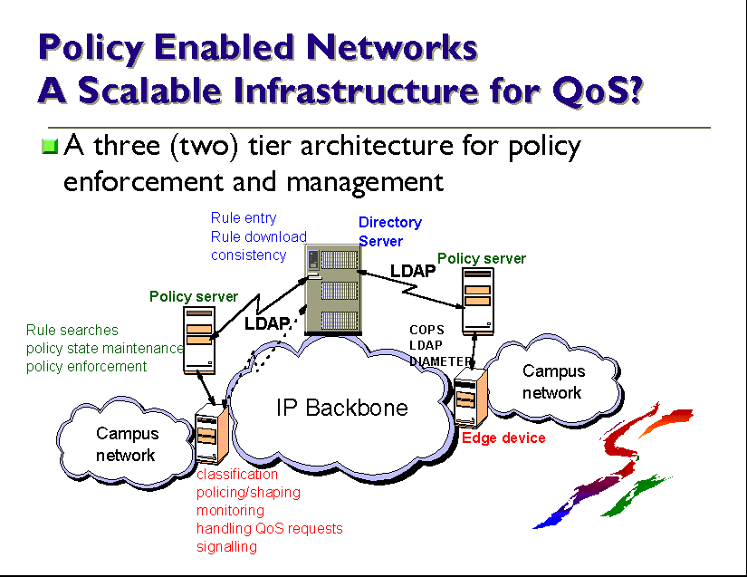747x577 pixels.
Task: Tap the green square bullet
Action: click(x=51, y=146)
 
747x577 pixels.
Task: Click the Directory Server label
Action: click(x=389, y=231)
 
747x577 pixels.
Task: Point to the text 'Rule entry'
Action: click(x=244, y=217)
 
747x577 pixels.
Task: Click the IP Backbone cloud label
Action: click(x=341, y=408)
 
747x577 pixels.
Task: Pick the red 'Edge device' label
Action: click(x=503, y=438)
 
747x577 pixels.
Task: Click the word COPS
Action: click(x=426, y=331)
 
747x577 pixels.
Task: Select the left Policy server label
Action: click(x=194, y=296)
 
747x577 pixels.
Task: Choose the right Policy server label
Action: click(x=482, y=258)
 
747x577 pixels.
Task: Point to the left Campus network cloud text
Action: click(x=127, y=444)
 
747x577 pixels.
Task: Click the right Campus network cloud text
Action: click(x=552, y=381)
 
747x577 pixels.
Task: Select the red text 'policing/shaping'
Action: click(x=248, y=493)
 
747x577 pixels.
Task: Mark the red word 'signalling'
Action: click(x=226, y=547)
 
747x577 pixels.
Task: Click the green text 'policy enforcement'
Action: click(x=86, y=367)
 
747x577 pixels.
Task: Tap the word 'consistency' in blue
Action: click(x=249, y=255)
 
